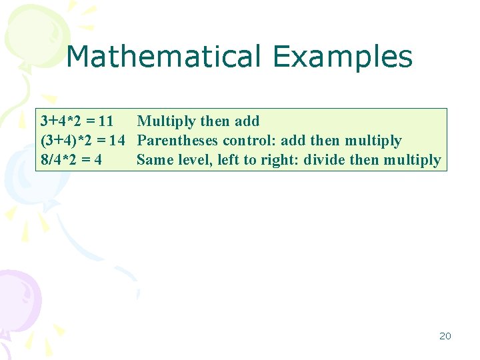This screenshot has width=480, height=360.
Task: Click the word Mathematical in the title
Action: (163, 57)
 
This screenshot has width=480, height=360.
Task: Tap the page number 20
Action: (445, 336)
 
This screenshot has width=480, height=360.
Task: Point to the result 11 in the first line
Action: (105, 121)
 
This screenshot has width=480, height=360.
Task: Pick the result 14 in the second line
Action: (117, 141)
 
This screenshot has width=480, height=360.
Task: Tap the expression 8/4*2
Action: (61, 160)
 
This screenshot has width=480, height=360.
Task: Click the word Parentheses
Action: (177, 141)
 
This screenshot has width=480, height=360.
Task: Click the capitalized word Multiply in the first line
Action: (166, 121)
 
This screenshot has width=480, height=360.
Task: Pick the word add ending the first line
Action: (247, 121)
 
